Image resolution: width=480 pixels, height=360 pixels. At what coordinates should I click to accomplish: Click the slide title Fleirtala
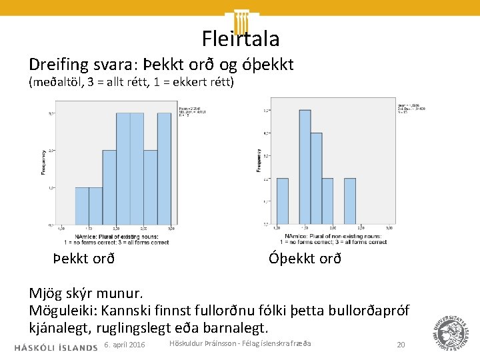[x=240, y=39]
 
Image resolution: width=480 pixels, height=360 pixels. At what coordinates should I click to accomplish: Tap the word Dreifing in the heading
[x=57, y=65]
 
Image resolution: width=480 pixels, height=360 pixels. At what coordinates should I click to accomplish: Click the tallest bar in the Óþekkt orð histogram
[x=305, y=167]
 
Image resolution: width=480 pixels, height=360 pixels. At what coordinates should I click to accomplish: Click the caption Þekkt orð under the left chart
[x=84, y=258]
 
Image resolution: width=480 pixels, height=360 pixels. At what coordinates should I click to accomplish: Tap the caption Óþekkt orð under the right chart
[x=305, y=258]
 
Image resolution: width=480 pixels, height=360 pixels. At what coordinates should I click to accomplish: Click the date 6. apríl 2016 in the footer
[x=125, y=345]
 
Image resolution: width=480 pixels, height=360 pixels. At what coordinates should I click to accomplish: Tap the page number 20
[x=401, y=345]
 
